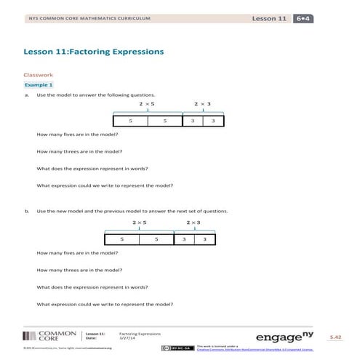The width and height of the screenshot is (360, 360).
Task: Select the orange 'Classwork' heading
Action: [39, 74]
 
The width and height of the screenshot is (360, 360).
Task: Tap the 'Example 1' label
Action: [40, 85]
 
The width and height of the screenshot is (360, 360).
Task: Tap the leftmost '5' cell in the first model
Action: [130, 120]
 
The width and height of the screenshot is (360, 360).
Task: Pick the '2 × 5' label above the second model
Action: [140, 222]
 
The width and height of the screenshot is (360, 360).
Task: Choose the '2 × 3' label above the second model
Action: [193, 222]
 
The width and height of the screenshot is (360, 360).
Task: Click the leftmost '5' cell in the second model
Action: [122, 239]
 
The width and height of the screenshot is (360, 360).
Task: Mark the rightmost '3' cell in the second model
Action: [205, 239]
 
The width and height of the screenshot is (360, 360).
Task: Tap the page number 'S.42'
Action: [335, 337]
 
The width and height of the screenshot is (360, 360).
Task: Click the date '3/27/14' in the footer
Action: [128, 338]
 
